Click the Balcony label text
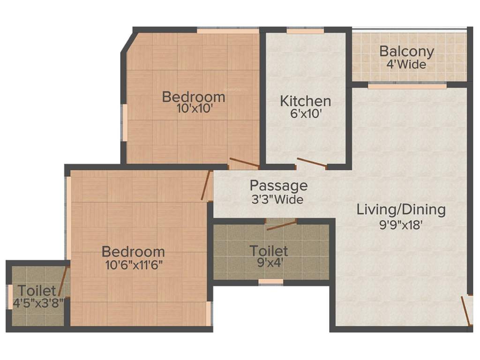tap(406, 51)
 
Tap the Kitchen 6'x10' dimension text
tap(305, 113)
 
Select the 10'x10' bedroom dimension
tap(194, 109)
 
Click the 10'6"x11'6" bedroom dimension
tap(134, 264)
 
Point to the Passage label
tap(278, 186)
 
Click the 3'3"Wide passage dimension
tap(277, 199)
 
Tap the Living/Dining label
tap(401, 209)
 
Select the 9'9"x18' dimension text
tap(401, 224)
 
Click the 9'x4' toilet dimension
tap(269, 262)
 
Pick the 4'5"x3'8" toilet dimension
tap(38, 303)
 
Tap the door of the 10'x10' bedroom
tap(244, 164)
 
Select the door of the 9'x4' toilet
tap(281, 225)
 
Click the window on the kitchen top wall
tap(305, 31)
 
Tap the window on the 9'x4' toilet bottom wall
tap(271, 282)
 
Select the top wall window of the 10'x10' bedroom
tap(227, 31)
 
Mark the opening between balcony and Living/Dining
tap(407, 86)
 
